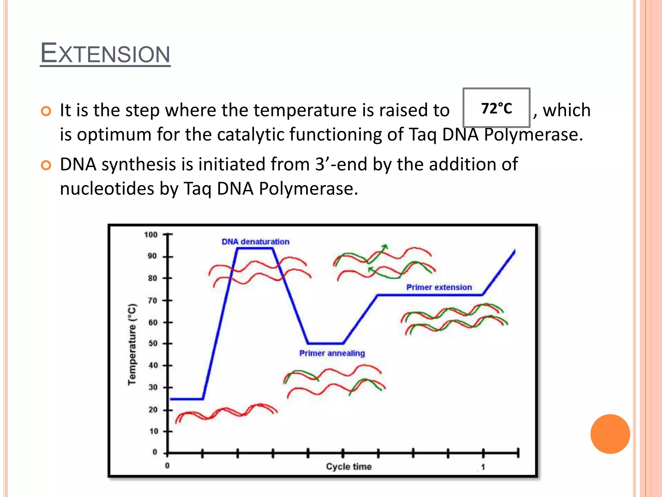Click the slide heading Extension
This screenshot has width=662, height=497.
pyautogui.click(x=105, y=53)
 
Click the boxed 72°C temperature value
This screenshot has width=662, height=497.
pyautogui.click(x=496, y=108)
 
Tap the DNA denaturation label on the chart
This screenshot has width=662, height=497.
pyautogui.click(x=255, y=242)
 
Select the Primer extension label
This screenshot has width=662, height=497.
pyautogui.click(x=439, y=287)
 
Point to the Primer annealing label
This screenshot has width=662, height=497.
pyautogui.click(x=332, y=353)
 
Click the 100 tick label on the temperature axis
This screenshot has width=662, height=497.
pyautogui.click(x=151, y=235)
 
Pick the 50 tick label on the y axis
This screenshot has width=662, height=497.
pyautogui.click(x=153, y=343)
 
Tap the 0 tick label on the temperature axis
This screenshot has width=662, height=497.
pyautogui.click(x=155, y=452)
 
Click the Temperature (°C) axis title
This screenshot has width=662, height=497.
pyautogui.click(x=132, y=344)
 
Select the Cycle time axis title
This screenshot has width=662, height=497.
pyautogui.click(x=348, y=467)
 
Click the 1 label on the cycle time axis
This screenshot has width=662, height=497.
pyautogui.click(x=483, y=467)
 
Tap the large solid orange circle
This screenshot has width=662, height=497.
pyautogui.click(x=610, y=434)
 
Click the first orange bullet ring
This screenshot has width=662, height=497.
pyautogui.click(x=46, y=111)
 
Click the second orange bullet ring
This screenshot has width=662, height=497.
pyautogui.click(x=46, y=165)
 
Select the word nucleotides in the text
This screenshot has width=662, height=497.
pyautogui.click(x=107, y=189)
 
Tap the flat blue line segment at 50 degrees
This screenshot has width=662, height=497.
pyautogui.click(x=326, y=343)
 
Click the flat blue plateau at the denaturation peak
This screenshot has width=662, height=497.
pyautogui.click(x=255, y=248)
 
